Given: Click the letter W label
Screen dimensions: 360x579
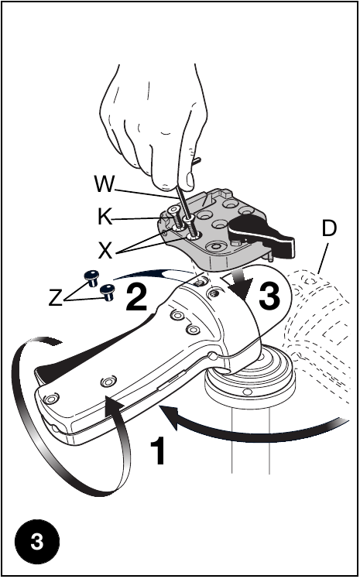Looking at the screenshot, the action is [x=105, y=184].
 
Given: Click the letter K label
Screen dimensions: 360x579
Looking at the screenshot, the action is [x=105, y=217].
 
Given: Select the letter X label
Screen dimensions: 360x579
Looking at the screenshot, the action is [x=105, y=252].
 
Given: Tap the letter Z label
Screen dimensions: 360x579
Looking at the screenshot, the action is [x=56, y=298].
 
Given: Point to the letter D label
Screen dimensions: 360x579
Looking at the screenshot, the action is [x=329, y=228].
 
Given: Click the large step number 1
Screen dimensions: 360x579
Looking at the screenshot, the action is [x=159, y=451].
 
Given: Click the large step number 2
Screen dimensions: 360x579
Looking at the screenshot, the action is [x=136, y=296].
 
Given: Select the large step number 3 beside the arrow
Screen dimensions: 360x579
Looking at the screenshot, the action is [x=269, y=296].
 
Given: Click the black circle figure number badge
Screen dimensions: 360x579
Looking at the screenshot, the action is [x=37, y=541].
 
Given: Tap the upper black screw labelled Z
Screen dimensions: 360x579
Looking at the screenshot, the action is [x=91, y=278].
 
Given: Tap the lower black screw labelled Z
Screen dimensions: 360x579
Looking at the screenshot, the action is [x=108, y=292].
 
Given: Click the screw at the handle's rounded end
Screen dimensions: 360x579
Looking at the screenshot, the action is [x=50, y=399].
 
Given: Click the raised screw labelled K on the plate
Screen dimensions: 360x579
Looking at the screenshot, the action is [x=176, y=218].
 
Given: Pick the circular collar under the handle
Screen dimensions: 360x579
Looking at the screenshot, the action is [x=250, y=377].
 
